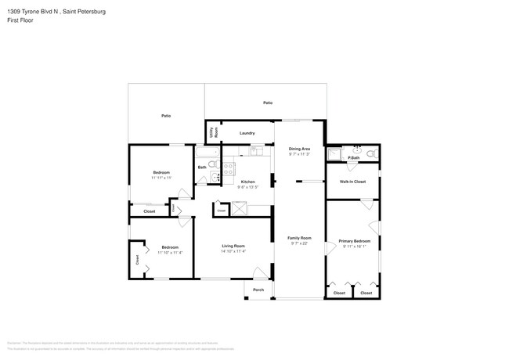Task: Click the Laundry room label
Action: click(x=247, y=133)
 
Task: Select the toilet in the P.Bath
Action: click(x=371, y=153)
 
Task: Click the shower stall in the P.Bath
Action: click(x=334, y=153)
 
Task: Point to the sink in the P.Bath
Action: click(x=356, y=149)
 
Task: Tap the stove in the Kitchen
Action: click(x=229, y=167)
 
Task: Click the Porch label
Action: click(x=258, y=290)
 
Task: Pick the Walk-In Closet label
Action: click(x=352, y=182)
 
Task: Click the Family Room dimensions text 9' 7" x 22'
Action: click(x=300, y=243)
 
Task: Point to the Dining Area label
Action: click(x=300, y=149)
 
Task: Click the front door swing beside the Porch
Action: click(x=258, y=273)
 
